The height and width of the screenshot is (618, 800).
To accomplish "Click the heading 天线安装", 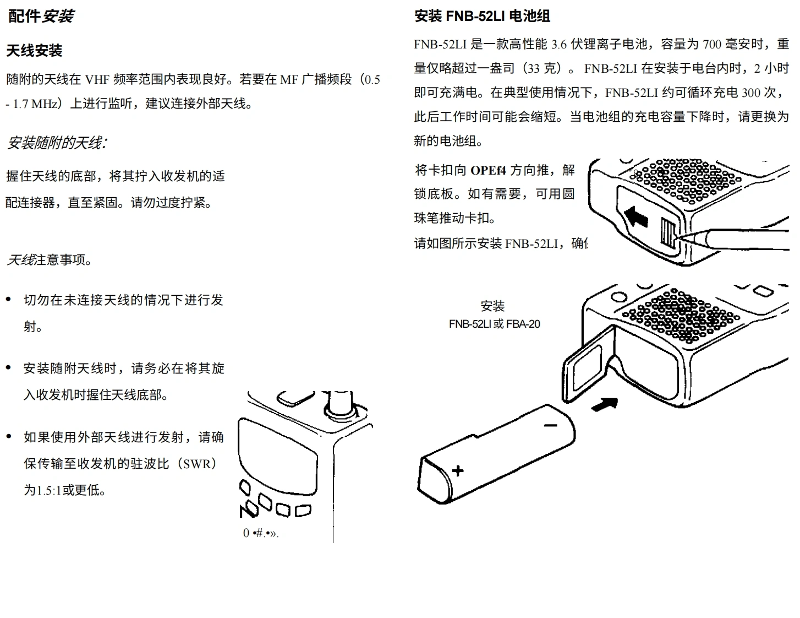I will tap(34, 51).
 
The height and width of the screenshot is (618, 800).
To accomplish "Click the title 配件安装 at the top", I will tap(41, 16).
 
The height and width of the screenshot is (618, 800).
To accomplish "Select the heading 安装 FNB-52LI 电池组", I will tap(482, 16).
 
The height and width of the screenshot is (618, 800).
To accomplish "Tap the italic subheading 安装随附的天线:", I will tap(56, 143).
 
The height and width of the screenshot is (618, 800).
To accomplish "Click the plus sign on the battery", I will tap(458, 470).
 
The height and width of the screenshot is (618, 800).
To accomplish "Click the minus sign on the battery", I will tap(550, 425).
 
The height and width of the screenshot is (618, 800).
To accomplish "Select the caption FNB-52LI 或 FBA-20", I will tap(494, 324).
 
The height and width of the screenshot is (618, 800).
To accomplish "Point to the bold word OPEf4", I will tap(488, 170).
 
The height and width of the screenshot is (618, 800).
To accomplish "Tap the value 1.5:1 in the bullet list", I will tap(49, 490).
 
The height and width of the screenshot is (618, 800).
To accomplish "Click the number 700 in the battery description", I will tap(712, 44).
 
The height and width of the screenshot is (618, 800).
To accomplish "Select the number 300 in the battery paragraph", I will tap(750, 93).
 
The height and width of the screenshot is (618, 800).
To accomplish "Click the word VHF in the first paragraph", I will tap(97, 80).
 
